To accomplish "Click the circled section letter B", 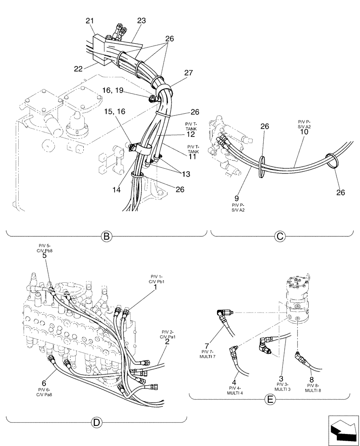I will pyautogui.click(x=106, y=236).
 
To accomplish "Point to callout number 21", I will pyautogui.click(x=90, y=21).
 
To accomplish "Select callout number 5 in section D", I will pyautogui.click(x=44, y=256).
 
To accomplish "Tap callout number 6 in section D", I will pyautogui.click(x=44, y=383).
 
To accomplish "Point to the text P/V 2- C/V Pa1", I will pyautogui.click(x=167, y=334).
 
